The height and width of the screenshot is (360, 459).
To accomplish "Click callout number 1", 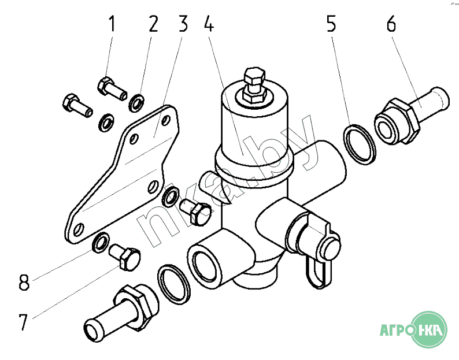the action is tap(112, 24).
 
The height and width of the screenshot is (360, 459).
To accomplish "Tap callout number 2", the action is tap(153, 24).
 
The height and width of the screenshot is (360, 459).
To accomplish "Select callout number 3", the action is tap(183, 24).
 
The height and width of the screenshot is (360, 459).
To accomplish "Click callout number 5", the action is tap(331, 24).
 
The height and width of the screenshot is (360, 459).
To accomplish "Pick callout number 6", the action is tap(391, 24).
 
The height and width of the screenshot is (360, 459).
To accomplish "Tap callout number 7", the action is tap(23, 322).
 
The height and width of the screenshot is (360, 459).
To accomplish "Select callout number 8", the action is tap(24, 282).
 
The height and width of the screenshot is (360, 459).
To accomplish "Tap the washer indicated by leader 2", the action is tap(136, 102).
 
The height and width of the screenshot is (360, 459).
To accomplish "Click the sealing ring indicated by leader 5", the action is tap(360, 144).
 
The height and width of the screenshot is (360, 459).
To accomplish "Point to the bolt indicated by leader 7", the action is tap(125, 257).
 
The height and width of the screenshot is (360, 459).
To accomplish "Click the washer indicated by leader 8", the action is tap(101, 243).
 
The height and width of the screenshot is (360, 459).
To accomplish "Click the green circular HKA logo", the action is tap(429, 329).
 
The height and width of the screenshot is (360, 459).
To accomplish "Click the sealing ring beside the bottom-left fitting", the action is tap(174, 285).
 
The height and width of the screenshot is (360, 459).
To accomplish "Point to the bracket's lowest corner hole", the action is tap(79, 230).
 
